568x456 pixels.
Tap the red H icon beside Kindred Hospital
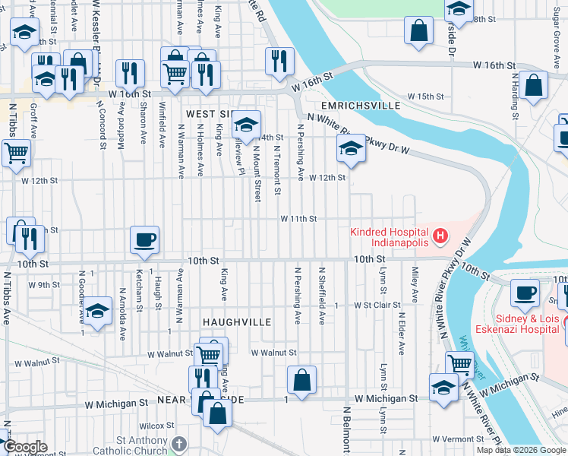click(439, 238)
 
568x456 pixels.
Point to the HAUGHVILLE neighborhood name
click(236, 322)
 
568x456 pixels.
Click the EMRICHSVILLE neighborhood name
click(359, 106)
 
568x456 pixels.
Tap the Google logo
click(24, 447)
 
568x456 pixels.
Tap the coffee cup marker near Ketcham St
click(145, 240)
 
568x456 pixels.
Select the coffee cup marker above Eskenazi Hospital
click(525, 291)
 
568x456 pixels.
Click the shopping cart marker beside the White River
click(460, 364)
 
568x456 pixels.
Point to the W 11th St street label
click(298, 219)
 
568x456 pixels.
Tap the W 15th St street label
click(425, 97)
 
